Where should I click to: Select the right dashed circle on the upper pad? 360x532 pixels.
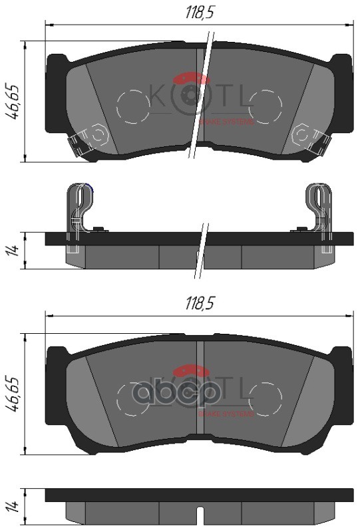[265, 106]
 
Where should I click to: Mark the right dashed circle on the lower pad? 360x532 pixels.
[265, 398]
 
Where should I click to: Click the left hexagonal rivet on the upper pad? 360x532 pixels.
[98, 135]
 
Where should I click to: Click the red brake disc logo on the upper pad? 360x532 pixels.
[193, 80]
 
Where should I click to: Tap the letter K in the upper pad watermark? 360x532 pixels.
[159, 95]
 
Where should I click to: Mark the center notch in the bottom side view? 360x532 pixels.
[200, 512]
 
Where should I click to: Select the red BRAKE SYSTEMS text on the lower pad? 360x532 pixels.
[227, 413]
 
